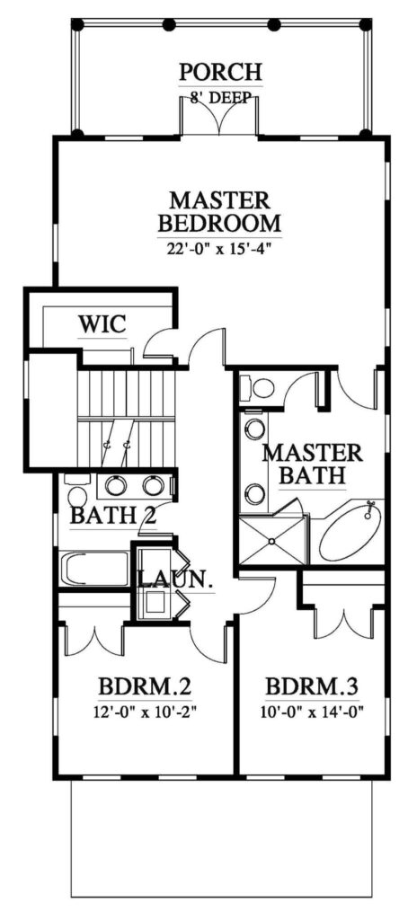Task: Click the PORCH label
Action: point(220,72)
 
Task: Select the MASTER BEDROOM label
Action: point(220,211)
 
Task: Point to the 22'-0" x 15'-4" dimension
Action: point(220,248)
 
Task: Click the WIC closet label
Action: point(102,323)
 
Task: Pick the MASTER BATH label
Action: point(312,464)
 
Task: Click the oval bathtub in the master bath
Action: point(350,533)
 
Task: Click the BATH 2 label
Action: point(113,517)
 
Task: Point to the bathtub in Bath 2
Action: point(94,568)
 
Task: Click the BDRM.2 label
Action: point(146,686)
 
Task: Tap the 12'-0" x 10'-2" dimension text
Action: point(145,712)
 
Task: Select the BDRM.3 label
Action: point(312,686)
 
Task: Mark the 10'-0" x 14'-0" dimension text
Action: point(314,712)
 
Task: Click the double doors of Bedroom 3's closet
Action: point(342,625)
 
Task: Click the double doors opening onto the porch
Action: point(219,118)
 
